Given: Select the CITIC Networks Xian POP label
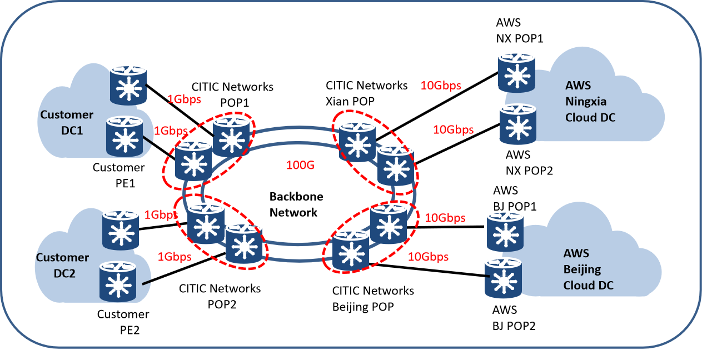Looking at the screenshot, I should (366, 92).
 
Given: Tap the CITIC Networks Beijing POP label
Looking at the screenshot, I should (373, 298).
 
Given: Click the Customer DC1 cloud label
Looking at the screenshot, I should (67, 122).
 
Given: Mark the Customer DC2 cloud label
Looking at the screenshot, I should (62, 264).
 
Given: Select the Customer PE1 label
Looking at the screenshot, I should (118, 174).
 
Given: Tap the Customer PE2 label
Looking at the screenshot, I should (123, 322).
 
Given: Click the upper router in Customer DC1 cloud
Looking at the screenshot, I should (128, 85).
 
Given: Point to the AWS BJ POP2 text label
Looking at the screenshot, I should (514, 318).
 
